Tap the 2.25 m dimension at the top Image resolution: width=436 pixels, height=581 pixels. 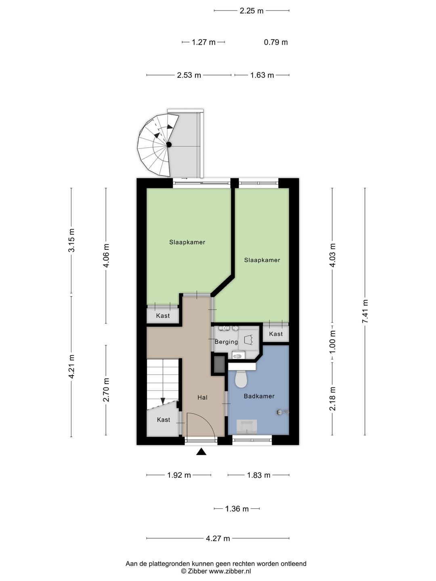pos(252,11)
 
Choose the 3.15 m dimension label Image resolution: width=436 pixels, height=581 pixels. pos(71,240)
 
